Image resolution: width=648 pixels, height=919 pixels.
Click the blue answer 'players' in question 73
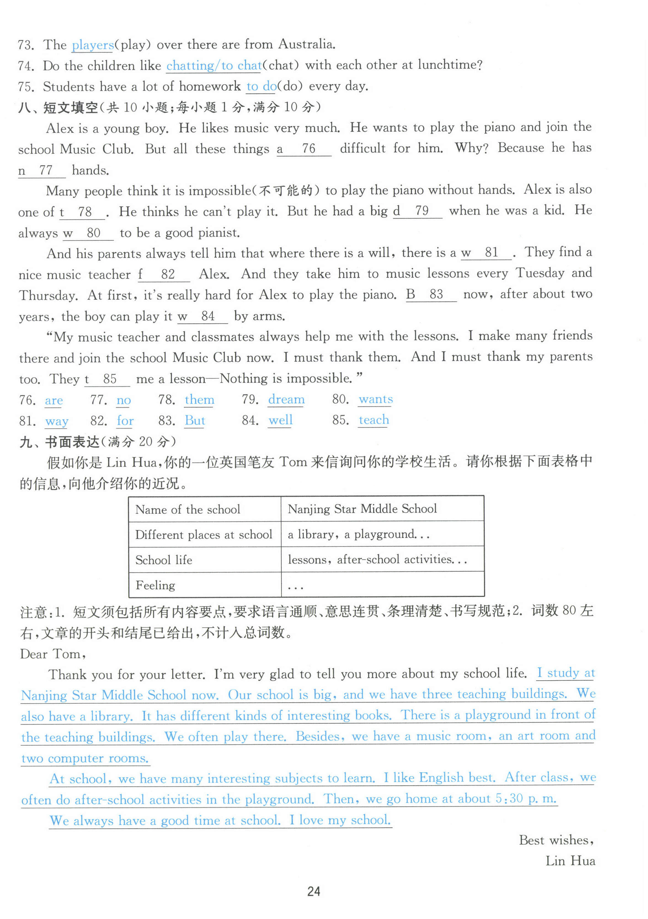(x=92, y=45)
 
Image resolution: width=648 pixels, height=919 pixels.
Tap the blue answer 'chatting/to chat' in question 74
(x=214, y=65)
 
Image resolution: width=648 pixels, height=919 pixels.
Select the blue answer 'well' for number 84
(x=280, y=420)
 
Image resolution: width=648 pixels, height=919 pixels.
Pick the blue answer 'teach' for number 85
(x=373, y=420)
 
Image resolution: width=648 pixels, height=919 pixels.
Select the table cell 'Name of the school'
(x=187, y=510)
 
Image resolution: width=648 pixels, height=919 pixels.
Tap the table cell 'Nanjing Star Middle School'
(x=362, y=509)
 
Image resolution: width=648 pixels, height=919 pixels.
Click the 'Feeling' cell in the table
(x=155, y=585)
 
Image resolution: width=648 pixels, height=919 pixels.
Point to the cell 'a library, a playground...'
(x=358, y=534)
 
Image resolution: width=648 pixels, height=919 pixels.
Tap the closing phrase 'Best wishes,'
(x=556, y=840)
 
